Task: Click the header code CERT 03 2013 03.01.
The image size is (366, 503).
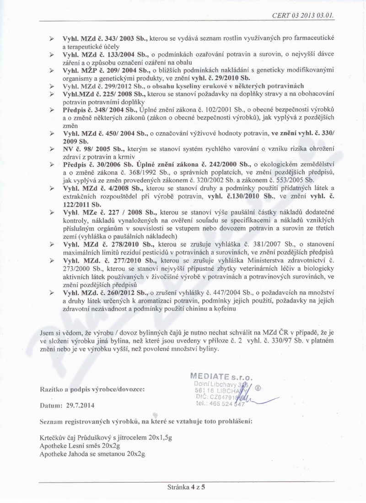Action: [303, 15]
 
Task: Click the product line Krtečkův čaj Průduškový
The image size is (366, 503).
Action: [106, 437]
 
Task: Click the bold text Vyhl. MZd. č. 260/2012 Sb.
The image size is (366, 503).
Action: [105, 292]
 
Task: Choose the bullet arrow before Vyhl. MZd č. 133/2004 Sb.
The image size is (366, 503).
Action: [52, 54]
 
